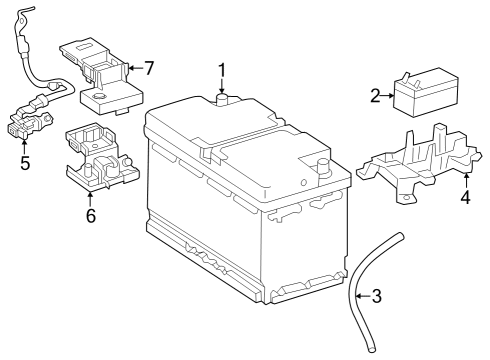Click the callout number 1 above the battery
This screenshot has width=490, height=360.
(x=222, y=71)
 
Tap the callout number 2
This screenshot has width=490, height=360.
(x=375, y=96)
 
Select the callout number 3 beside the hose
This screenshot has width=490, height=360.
(x=377, y=296)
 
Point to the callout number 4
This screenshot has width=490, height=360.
(x=466, y=197)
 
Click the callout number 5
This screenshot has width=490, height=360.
(x=25, y=163)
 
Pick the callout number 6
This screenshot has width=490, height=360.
(x=91, y=215)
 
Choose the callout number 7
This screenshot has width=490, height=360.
(x=149, y=68)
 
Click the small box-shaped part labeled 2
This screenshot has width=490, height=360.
(x=426, y=92)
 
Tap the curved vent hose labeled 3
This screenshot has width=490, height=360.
(x=357, y=293)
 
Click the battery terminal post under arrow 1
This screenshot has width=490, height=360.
(x=222, y=100)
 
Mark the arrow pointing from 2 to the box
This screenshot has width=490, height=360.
(x=387, y=96)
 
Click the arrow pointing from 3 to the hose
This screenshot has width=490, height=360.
(x=363, y=296)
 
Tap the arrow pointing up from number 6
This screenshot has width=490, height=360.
(x=90, y=199)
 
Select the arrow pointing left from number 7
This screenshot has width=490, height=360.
(x=135, y=68)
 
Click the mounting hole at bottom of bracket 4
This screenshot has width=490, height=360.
(x=406, y=197)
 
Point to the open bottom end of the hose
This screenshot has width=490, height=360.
(x=371, y=349)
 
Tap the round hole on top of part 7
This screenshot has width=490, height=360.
(x=99, y=97)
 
